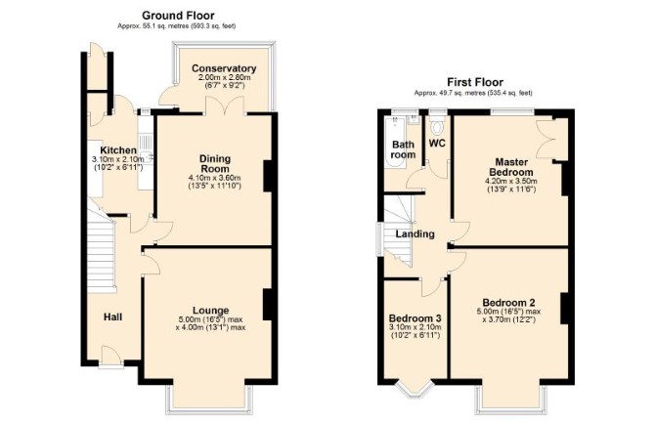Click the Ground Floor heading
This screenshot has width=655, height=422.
(178, 16)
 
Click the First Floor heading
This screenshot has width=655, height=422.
(475, 82)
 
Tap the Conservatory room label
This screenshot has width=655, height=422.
(224, 68)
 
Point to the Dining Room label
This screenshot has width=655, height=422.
(215, 164)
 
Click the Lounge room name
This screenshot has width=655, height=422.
(210, 311)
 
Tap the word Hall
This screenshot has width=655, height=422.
(112, 317)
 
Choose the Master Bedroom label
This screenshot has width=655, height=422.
(511, 167)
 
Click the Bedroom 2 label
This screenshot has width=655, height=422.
(508, 303)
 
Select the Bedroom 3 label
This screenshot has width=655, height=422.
(415, 318)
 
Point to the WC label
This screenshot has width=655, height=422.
(437, 144)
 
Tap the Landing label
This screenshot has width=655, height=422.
(415, 234)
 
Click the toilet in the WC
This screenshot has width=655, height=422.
(437, 126)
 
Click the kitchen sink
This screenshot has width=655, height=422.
(147, 157)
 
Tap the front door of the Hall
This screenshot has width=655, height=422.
(111, 358)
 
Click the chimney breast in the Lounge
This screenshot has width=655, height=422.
(268, 305)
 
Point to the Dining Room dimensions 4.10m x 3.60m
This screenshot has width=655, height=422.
(215, 178)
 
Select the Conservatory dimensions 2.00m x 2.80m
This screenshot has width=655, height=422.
(224, 77)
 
